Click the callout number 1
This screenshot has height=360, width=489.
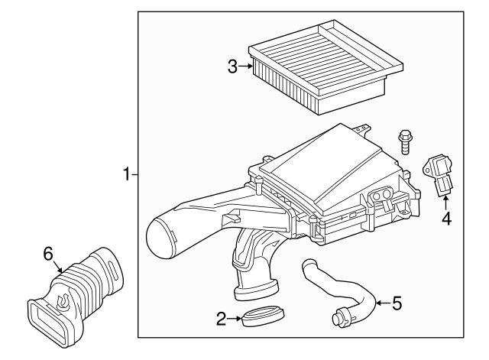click(127, 175)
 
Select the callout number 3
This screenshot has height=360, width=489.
click(234, 66)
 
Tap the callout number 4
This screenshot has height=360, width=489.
click(446, 219)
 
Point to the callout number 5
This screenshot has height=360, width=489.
click(396, 303)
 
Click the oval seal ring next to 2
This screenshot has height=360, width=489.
click(261, 316)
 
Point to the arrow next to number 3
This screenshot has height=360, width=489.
click(246, 66)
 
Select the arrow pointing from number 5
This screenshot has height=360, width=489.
click(381, 303)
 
